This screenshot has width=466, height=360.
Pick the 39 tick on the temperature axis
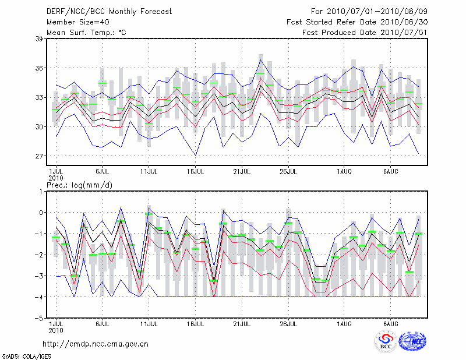tap(40, 39)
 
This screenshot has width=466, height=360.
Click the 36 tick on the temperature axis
tap(40, 68)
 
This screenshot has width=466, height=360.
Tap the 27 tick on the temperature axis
tap(40, 156)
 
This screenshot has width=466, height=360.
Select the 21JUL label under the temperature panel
tap(242, 171)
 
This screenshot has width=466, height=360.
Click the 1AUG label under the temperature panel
tap(345, 171)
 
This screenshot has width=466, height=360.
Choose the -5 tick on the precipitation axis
tap(40, 319)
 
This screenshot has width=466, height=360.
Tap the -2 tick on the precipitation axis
tap(40, 255)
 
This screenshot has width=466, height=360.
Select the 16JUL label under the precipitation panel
tap(196, 323)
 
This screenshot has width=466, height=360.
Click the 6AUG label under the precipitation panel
tap(391, 323)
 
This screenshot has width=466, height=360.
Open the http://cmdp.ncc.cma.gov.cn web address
tap(96, 344)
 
